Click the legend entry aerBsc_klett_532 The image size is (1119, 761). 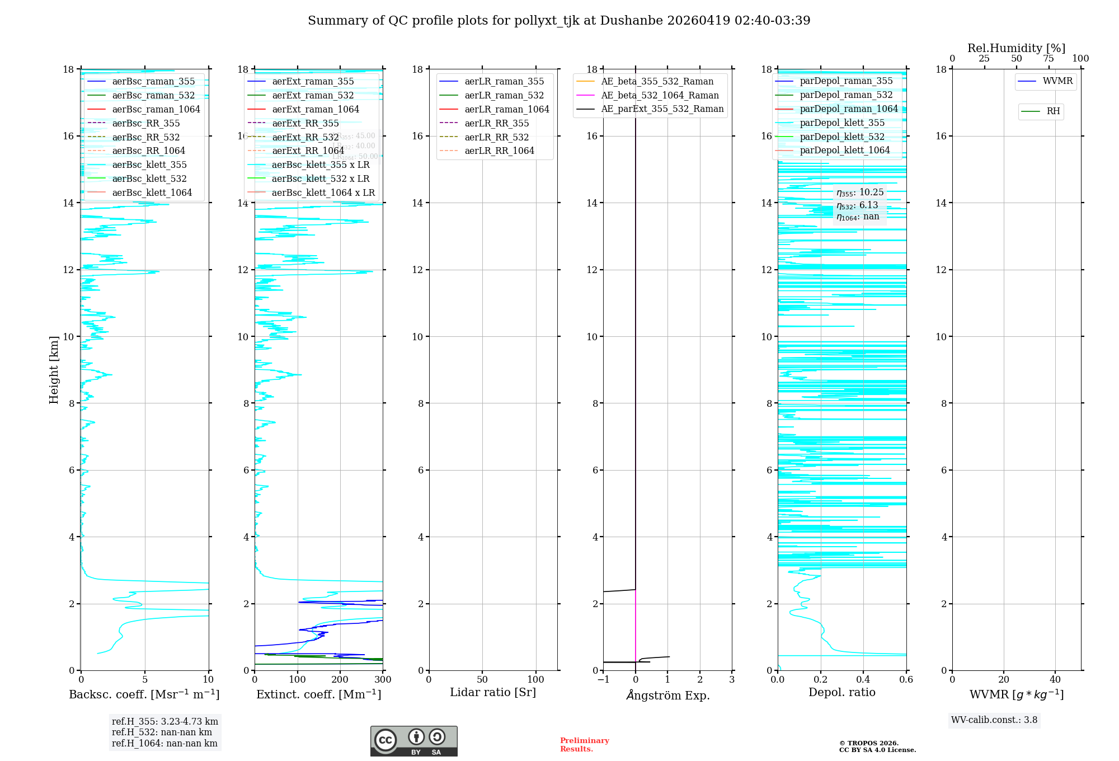coord(149,178)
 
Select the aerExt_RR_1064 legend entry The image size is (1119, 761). coord(308,151)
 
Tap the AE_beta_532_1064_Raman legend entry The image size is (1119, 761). coord(660,95)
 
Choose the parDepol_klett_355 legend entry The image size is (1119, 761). coord(842,123)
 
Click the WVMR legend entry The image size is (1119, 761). coord(1057,81)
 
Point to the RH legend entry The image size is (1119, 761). coord(1053,111)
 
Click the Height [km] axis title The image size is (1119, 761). coord(54,369)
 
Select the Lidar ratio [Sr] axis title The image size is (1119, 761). coord(492,692)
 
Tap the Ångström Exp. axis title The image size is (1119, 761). coord(667,695)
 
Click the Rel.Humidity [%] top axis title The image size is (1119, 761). coord(1016,48)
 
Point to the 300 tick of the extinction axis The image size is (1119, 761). coord(383,680)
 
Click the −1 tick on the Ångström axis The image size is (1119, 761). coord(603,680)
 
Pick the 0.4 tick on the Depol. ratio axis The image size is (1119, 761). coord(863,680)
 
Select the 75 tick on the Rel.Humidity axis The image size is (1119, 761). coord(1048,59)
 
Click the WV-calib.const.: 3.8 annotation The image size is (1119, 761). coord(994,720)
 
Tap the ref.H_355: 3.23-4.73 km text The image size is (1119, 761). coord(164,722)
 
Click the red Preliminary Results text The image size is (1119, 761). coord(584,745)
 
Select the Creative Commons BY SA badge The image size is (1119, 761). coord(413,741)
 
